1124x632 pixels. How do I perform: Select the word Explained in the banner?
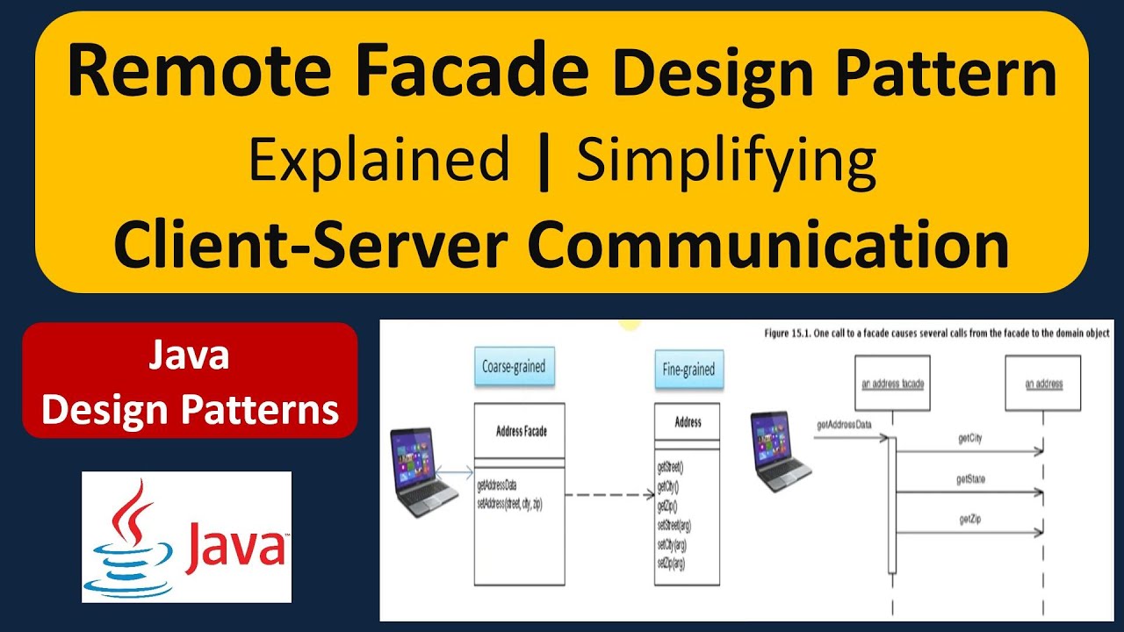tap(378, 161)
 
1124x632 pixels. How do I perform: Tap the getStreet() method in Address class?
tap(670, 468)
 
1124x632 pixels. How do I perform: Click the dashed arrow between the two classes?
tap(608, 496)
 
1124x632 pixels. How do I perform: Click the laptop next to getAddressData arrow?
tap(781, 453)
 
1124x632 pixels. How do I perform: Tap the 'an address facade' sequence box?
tap(891, 384)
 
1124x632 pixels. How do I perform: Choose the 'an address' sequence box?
tap(1043, 384)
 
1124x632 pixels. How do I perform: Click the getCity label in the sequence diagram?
tap(969, 438)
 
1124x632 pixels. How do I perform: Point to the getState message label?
tap(970, 479)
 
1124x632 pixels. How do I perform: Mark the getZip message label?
tap(969, 521)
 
